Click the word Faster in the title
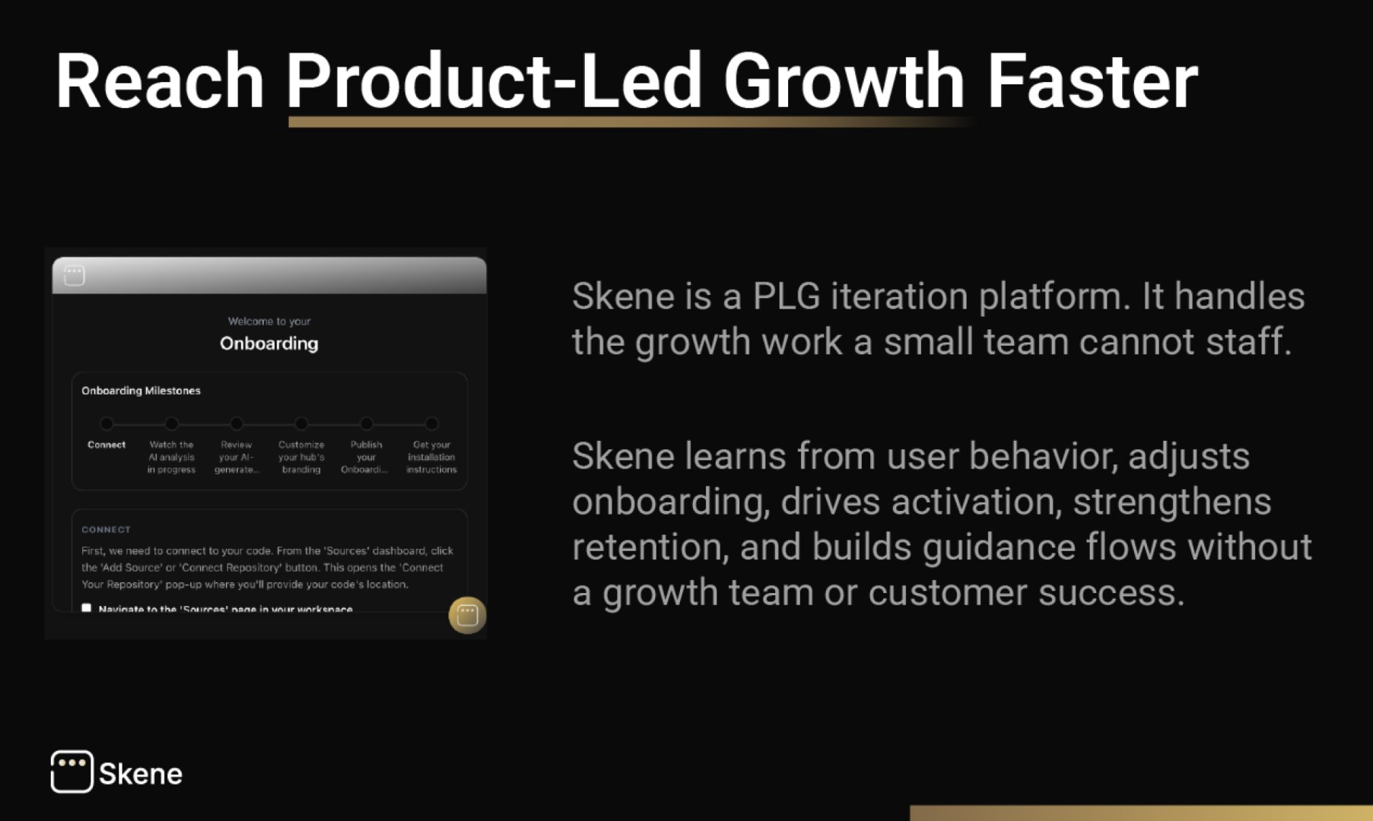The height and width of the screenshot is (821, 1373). (x=1092, y=81)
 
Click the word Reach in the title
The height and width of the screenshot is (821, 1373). (x=160, y=81)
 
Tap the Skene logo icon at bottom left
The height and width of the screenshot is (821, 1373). (x=72, y=772)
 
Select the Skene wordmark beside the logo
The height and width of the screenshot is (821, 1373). (x=141, y=774)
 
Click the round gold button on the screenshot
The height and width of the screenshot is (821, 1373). (x=467, y=615)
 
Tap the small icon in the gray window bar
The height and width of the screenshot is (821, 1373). (x=75, y=275)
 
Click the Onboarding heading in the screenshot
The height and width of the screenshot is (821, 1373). (x=269, y=344)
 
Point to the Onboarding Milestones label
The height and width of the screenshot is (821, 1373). (x=141, y=391)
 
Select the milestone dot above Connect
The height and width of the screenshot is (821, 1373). (x=106, y=423)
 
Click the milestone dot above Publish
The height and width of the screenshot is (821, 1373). (x=367, y=423)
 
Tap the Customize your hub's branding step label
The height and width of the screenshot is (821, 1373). (x=301, y=457)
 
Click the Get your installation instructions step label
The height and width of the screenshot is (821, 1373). (x=431, y=457)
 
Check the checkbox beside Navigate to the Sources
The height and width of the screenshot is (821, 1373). (x=87, y=608)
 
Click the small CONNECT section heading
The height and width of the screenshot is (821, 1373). (x=106, y=529)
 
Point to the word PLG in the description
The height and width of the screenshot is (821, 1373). (x=786, y=296)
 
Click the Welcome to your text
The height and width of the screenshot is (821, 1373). (x=269, y=322)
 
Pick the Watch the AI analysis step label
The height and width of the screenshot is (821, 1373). (x=171, y=457)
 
